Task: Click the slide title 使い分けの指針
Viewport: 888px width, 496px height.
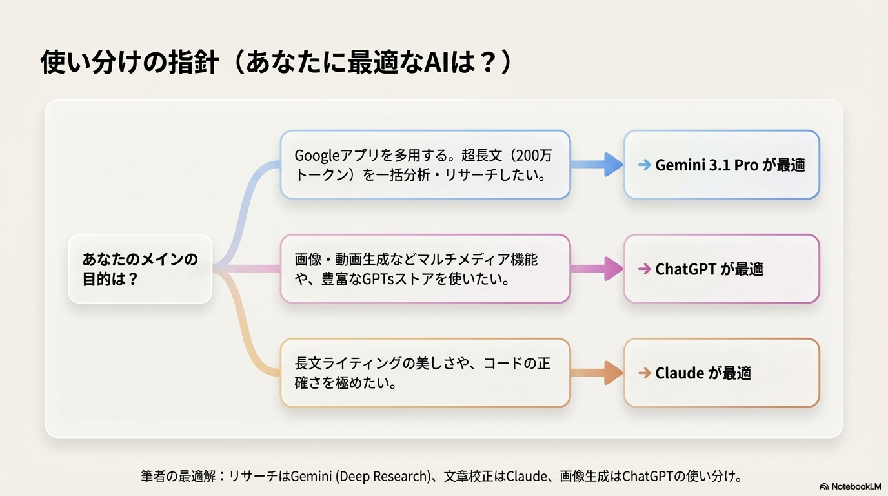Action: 129,63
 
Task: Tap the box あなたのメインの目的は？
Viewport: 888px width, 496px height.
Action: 140,269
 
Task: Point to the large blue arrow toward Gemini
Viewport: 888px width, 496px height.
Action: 598,165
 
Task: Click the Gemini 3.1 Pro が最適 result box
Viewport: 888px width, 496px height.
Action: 721,165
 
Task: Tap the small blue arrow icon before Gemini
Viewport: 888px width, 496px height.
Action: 644,165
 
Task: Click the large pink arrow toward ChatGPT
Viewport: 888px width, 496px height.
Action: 598,269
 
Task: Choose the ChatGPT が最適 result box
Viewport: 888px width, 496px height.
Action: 721,269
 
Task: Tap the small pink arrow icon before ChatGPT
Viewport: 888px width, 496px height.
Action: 644,269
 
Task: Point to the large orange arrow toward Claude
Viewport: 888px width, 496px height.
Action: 598,373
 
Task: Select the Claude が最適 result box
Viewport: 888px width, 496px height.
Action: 721,373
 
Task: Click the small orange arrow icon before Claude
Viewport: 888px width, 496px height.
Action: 644,373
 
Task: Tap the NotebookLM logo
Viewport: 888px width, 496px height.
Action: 850,486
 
